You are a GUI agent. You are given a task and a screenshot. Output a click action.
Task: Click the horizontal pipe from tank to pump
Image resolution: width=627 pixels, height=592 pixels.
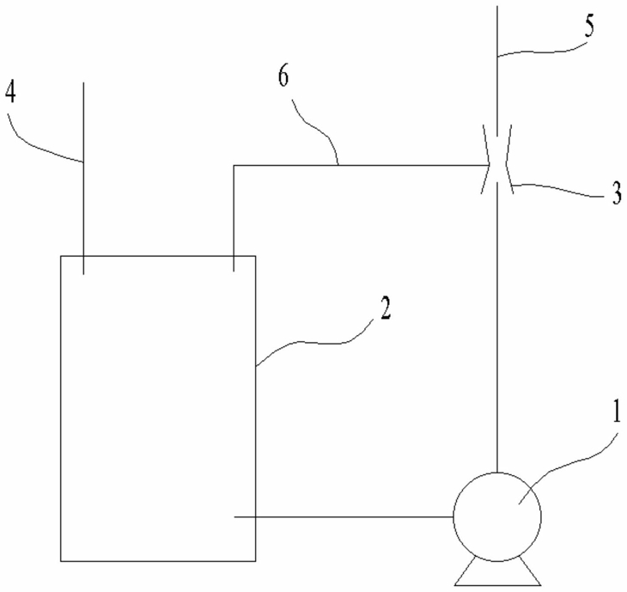point(344,517)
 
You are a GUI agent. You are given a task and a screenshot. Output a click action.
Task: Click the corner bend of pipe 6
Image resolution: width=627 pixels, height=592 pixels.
point(234,164)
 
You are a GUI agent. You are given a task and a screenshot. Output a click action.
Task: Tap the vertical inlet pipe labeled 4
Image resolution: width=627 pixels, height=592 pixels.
point(83,172)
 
